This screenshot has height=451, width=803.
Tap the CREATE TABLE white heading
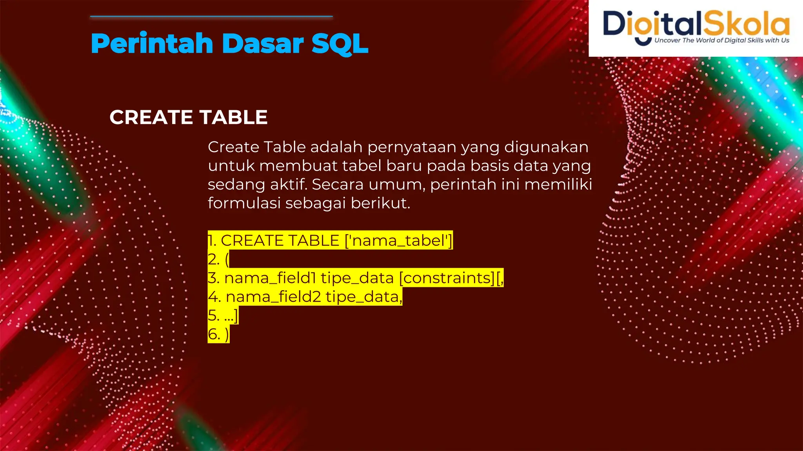pos(189,117)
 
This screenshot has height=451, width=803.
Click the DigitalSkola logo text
pos(696,23)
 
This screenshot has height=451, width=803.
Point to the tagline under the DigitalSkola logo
pos(721,40)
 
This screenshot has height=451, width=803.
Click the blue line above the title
pos(211,17)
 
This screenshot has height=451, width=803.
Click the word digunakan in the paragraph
pos(546,148)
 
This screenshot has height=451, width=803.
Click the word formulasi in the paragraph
pos(244,203)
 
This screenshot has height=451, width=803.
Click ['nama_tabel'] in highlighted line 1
pos(398,240)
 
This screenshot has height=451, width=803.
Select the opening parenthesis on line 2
pos(227,260)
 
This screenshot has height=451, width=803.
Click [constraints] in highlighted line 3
pos(447,278)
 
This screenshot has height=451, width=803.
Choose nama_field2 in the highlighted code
pos(273,297)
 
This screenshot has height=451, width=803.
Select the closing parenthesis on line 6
pos(227,334)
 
